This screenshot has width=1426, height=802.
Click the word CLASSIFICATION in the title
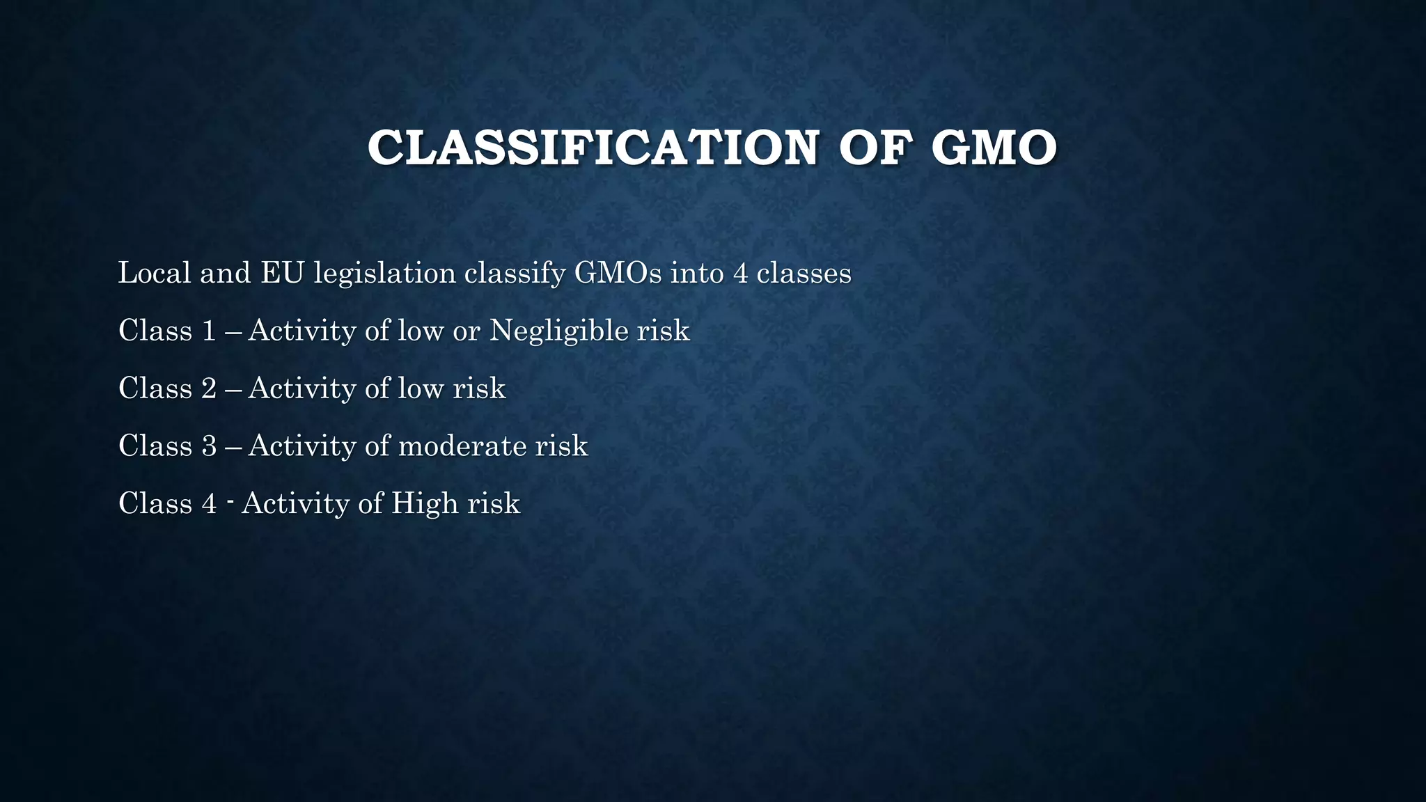pyautogui.click(x=593, y=148)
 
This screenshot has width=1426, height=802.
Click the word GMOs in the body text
pyautogui.click(x=618, y=272)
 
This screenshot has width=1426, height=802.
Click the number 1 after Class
pyautogui.click(x=209, y=331)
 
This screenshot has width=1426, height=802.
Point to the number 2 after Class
pyautogui.click(x=209, y=388)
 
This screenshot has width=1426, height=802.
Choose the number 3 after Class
pyautogui.click(x=209, y=446)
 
